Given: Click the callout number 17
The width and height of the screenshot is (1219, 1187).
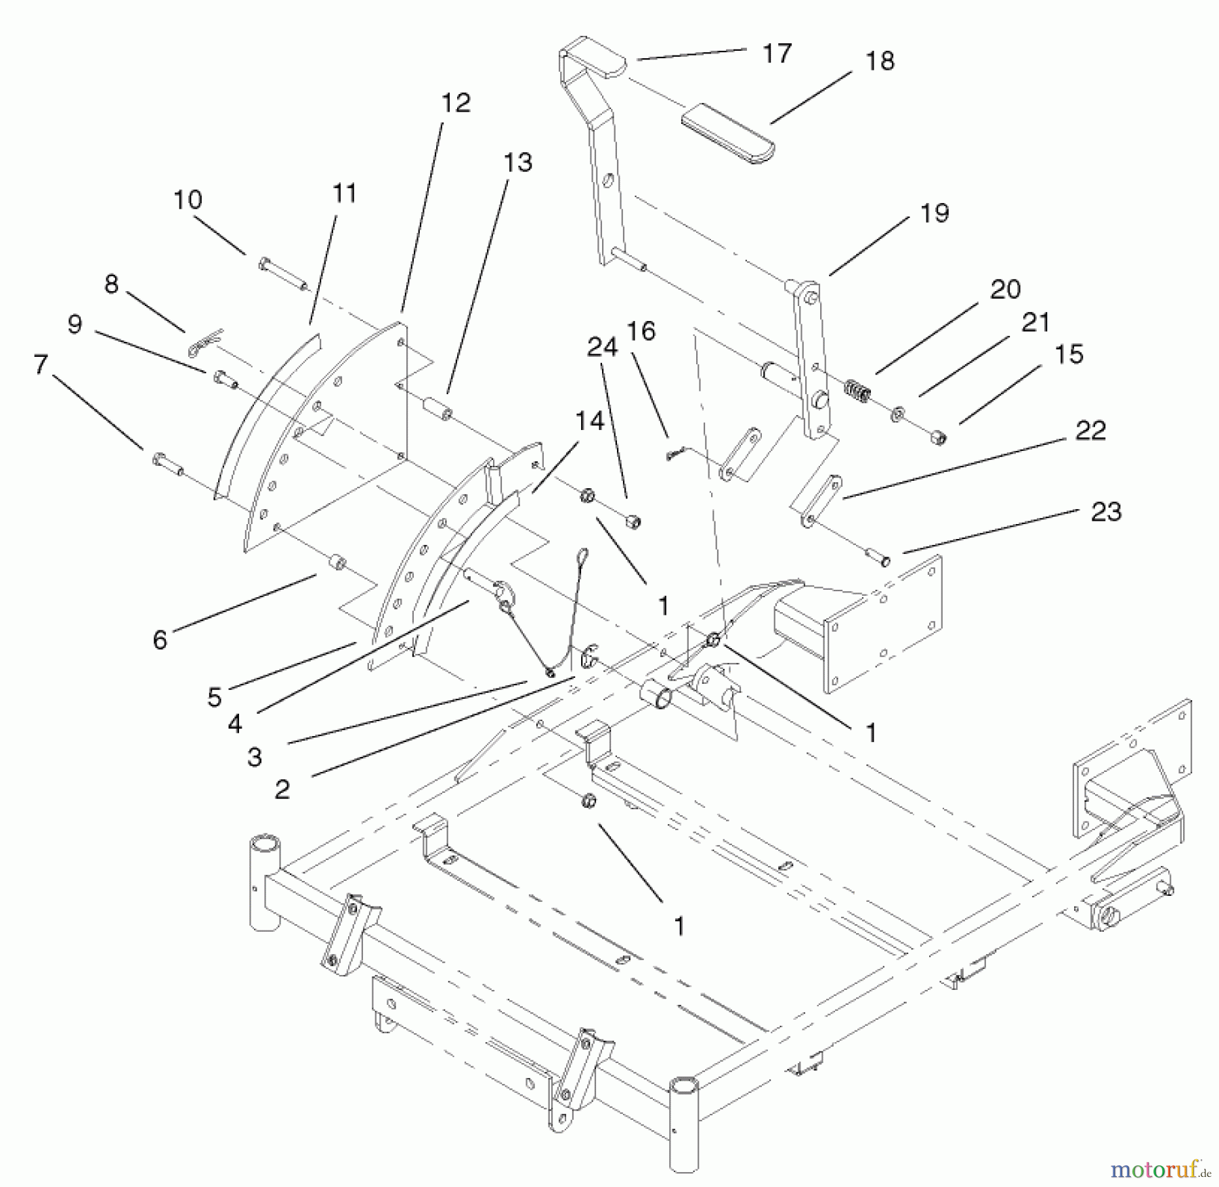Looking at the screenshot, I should pos(776,53).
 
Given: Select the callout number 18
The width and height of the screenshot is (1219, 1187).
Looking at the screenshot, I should pos(879,61).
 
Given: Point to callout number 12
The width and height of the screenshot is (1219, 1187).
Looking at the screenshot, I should pos(455,103).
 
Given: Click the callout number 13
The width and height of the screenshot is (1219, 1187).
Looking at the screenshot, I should pos(517,163).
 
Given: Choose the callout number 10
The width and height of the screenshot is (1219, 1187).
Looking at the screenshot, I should pos(188,200).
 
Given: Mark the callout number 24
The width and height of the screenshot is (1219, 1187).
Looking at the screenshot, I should pos(602,347).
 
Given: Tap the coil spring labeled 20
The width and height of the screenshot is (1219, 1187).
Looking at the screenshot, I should pos(857,391).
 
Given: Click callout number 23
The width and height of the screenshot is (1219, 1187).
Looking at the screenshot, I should pos(1106,511).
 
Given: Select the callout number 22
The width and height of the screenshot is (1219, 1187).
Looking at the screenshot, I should pos(1090,431).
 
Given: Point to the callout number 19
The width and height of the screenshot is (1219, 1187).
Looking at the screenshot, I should pos(935,213).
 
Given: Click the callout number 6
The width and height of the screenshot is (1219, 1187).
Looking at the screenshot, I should pos(160,639).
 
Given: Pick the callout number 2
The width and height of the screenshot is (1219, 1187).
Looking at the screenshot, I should pos(282,789).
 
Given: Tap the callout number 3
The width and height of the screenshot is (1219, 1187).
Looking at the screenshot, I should pos(255,756).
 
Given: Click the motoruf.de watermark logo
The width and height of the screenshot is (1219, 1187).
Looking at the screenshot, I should pos(1159,1168).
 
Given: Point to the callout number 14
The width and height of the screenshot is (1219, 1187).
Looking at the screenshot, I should pos(589,421).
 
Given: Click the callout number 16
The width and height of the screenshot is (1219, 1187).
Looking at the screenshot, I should pos(641,331).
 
